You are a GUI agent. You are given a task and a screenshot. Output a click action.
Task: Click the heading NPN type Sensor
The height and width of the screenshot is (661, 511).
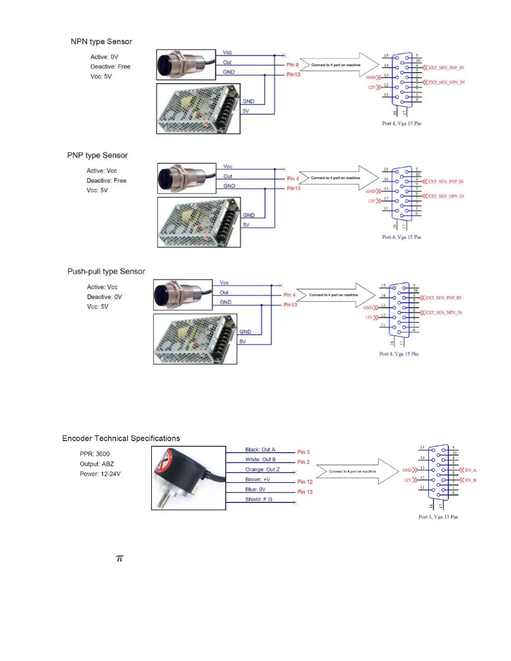[101, 42]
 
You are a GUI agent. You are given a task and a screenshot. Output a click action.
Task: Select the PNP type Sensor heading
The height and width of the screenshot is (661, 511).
[97, 155]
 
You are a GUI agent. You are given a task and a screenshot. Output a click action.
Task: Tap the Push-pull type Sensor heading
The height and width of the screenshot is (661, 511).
[106, 272]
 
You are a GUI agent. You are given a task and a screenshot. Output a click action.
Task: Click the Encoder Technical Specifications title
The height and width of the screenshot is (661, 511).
[121, 439]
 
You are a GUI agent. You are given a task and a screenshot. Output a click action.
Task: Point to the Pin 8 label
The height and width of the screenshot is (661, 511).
[293, 65]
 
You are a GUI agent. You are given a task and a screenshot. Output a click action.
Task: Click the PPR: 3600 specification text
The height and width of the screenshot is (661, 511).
[95, 454]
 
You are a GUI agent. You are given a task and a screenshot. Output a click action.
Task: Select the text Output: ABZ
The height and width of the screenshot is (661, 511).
[97, 464]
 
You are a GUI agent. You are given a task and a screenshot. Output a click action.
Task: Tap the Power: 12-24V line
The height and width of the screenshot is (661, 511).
[100, 474]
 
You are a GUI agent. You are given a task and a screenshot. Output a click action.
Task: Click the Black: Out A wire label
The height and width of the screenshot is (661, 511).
[260, 450]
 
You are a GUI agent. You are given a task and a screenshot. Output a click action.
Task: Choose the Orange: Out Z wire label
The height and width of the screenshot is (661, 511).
[262, 469]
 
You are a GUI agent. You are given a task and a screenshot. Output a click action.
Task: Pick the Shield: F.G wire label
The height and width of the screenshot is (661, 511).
[258, 500]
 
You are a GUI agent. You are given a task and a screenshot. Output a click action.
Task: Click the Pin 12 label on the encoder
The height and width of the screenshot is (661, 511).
[305, 482]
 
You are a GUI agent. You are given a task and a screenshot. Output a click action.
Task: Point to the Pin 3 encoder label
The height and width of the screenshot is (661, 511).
[304, 452]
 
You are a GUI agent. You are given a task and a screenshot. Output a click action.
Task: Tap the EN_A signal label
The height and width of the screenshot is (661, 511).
[471, 470]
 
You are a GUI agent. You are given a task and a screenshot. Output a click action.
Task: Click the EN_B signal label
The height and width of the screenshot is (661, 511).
[471, 480]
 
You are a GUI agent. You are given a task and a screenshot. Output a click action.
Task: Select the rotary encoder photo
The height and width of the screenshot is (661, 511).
[188, 478]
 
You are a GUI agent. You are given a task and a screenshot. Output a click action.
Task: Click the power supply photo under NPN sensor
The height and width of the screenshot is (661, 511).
[198, 109]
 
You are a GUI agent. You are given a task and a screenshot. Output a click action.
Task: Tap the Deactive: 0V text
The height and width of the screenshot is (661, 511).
[104, 297]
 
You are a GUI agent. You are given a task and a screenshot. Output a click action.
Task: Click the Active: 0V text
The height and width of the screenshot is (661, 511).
[104, 57]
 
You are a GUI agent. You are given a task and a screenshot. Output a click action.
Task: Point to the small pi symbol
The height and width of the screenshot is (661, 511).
[120, 558]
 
